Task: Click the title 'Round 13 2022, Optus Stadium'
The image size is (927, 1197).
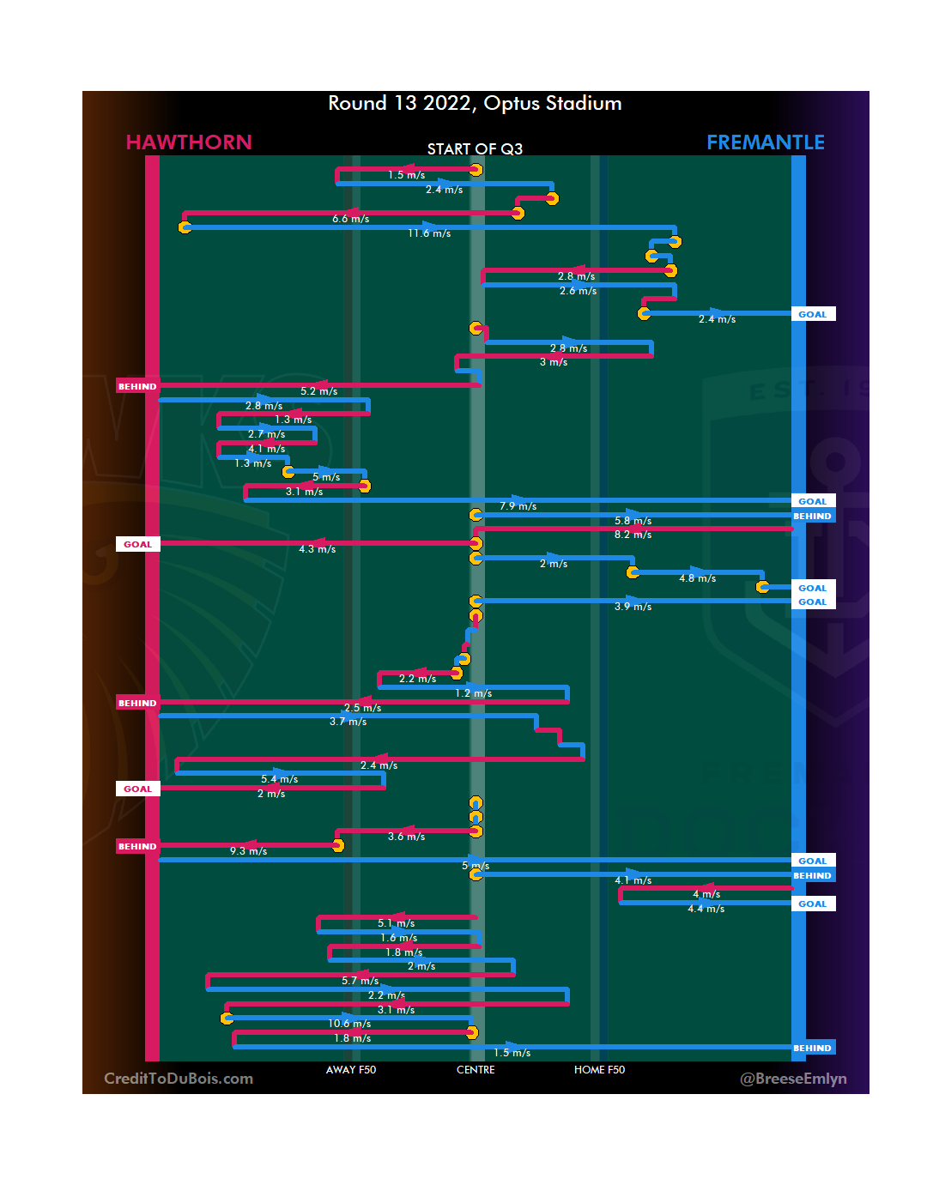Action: pyautogui.click(x=475, y=104)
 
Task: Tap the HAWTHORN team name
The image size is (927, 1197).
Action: pyautogui.click(x=189, y=142)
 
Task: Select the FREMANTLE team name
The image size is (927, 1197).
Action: pyautogui.click(x=765, y=142)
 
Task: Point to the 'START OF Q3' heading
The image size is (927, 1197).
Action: pyautogui.click(x=475, y=149)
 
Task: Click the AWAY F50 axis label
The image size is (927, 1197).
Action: pyautogui.click(x=351, y=1070)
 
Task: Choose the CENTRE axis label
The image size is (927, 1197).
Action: pyautogui.click(x=476, y=1070)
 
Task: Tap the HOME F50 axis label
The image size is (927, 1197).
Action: pyautogui.click(x=599, y=1070)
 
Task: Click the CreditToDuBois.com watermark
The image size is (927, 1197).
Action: pyautogui.click(x=179, y=1079)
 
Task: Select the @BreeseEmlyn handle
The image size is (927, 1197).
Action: pyautogui.click(x=793, y=1079)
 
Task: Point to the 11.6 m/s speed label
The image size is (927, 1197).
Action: pyautogui.click(x=429, y=233)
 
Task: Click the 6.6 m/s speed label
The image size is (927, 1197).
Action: pyautogui.click(x=350, y=219)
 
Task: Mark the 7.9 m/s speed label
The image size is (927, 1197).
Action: pyautogui.click(x=518, y=506)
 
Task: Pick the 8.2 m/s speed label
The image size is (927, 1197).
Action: pyautogui.click(x=633, y=535)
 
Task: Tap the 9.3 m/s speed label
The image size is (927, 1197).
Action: pyautogui.click(x=248, y=851)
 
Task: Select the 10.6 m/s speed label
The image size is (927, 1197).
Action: pyautogui.click(x=349, y=1024)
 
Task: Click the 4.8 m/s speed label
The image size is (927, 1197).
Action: pyautogui.click(x=697, y=578)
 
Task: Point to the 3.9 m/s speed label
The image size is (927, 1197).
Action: pyautogui.click(x=633, y=607)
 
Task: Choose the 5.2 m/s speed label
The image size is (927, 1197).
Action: pyautogui.click(x=318, y=391)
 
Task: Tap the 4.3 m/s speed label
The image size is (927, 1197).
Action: pyautogui.click(x=317, y=549)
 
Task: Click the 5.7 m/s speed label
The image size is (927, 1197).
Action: pyautogui.click(x=360, y=981)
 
